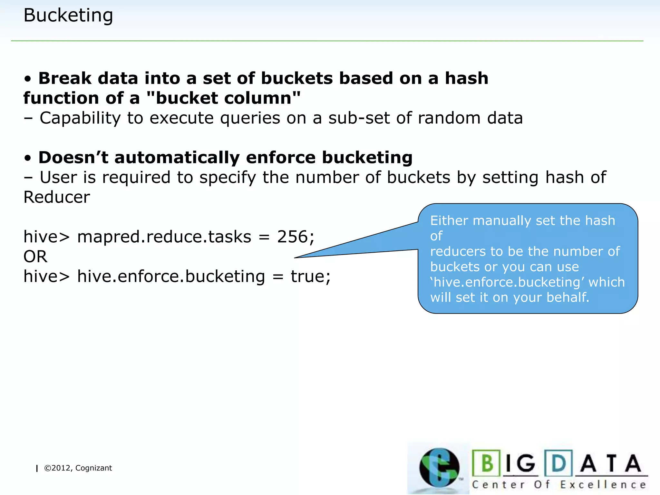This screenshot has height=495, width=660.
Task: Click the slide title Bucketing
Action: coord(68,15)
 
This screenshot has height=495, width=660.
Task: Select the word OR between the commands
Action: coord(35,257)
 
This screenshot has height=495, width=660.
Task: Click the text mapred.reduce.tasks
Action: coord(164,237)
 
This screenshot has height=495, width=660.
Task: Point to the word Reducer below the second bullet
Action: coord(57,197)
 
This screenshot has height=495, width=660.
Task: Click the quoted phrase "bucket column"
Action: coord(223,98)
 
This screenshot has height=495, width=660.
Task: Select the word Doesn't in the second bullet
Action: coord(73,158)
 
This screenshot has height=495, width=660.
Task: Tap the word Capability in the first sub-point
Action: coord(80,118)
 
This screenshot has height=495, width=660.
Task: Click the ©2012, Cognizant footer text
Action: coord(78,468)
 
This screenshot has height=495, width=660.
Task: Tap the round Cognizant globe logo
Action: coord(439,468)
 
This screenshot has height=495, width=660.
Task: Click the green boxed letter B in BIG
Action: coord(487,463)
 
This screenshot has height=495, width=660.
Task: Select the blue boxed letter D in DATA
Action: coord(559,463)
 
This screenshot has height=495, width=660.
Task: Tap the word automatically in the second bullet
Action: coord(177,158)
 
